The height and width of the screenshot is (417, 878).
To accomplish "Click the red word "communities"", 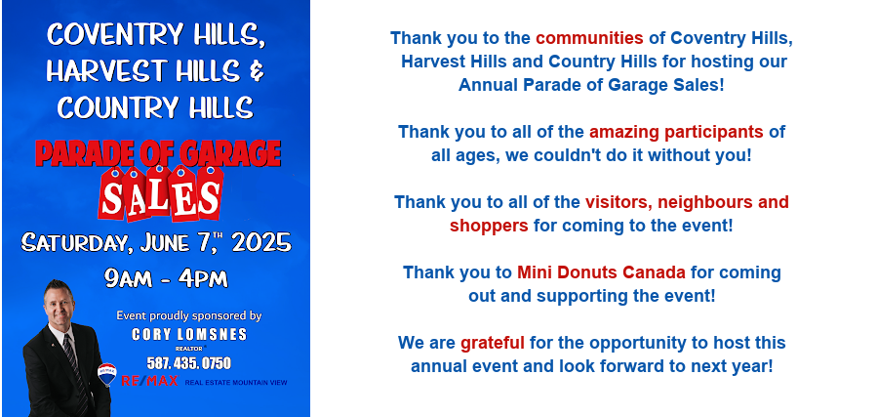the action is [589, 38].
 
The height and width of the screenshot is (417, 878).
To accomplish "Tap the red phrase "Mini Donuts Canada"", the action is [601, 272].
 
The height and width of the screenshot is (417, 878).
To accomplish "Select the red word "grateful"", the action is [493, 343].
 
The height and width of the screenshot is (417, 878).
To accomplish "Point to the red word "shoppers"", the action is [489, 226].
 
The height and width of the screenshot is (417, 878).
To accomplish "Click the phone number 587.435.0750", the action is [188, 363].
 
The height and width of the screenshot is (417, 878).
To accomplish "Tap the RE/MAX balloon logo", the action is [107, 374].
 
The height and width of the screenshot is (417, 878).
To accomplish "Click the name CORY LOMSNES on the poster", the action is [189, 335].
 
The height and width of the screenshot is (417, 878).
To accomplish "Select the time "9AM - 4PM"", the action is [166, 278].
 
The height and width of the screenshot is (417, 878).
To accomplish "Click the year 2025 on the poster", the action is [261, 243].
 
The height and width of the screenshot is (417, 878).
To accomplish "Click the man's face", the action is [60, 306].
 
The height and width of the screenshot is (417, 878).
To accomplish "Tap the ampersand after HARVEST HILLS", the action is [257, 71].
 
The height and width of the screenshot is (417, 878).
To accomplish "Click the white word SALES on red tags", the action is [161, 195].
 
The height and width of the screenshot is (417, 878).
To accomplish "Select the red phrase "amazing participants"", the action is [676, 132].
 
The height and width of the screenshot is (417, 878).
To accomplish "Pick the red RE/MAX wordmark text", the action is [149, 381].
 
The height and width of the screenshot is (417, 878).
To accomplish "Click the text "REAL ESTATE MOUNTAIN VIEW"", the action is [236, 383].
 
